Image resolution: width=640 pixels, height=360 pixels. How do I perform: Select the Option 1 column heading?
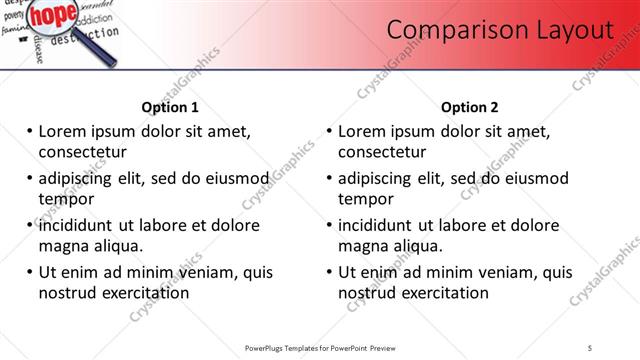tap(170, 107)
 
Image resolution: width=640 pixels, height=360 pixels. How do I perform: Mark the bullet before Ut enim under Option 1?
tap(30, 272)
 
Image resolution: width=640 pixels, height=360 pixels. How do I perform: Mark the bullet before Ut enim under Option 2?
tap(330, 272)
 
